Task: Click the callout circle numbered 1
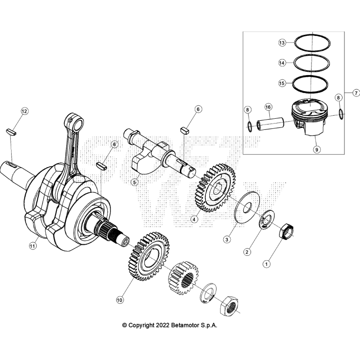click(x=266, y=264)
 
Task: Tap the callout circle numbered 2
click(x=247, y=252)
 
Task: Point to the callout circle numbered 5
click(x=135, y=182)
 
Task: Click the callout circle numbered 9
click(x=316, y=149)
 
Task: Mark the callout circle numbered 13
click(x=282, y=43)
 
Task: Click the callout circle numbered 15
click(x=282, y=83)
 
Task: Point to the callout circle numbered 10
click(x=120, y=300)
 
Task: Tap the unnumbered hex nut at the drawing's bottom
click(x=231, y=306)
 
